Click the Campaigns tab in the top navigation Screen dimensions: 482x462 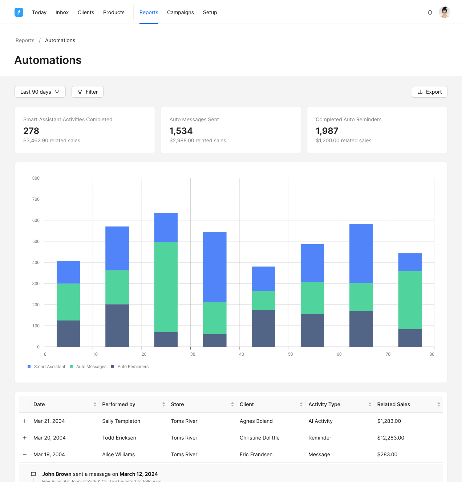tap(180, 12)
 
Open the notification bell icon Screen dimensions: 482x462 tap(430, 12)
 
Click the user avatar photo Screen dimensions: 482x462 tap(444, 12)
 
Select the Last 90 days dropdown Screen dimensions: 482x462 tap(40, 92)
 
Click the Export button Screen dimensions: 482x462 tap(429, 92)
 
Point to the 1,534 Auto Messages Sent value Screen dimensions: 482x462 tap(181, 131)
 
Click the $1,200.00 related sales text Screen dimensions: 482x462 tap(343, 140)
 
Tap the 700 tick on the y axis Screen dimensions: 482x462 tap(36, 199)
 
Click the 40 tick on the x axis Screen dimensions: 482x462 tap(242, 354)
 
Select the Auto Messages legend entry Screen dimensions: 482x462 tap(91, 367)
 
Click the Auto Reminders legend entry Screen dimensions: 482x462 tap(133, 367)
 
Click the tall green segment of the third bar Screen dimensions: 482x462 tap(166, 287)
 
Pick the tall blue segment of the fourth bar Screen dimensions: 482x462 tap(215, 267)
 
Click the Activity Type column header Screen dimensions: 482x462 tap(324, 404)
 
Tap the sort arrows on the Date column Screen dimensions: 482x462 tap(95, 404)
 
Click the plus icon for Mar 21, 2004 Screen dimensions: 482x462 tap(25, 421)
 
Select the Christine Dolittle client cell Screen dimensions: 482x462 tap(259, 438)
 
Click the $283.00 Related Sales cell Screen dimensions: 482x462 tap(387, 454)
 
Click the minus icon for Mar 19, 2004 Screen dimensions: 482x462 tap(25, 454)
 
